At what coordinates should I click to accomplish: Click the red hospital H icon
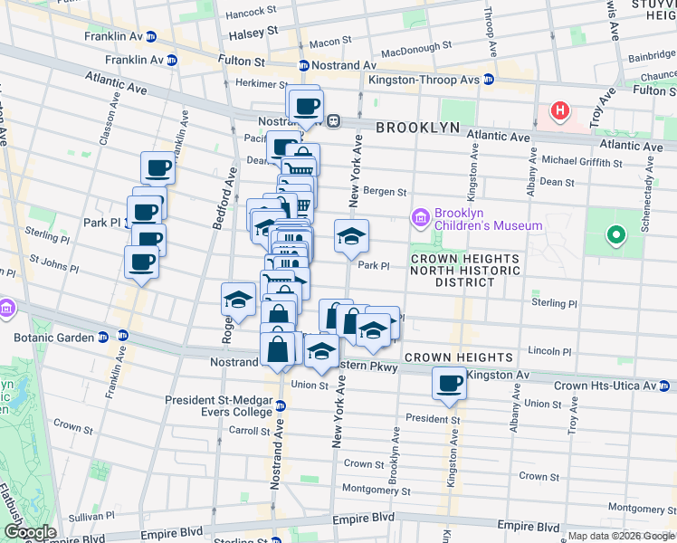[x=560, y=111]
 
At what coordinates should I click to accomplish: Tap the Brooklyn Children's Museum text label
[x=488, y=219]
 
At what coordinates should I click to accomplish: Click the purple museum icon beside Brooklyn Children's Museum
[x=419, y=218]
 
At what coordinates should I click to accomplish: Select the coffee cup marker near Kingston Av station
[x=449, y=384]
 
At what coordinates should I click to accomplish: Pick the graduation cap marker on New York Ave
[x=351, y=238]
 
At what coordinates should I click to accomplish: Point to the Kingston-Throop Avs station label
[x=424, y=79]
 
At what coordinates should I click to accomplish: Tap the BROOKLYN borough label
[x=418, y=128]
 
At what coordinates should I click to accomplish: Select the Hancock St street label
[x=251, y=12]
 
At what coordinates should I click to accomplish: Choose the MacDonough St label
[x=416, y=45]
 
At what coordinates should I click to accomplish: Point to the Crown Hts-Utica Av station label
[x=605, y=386]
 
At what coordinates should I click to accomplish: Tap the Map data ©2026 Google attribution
[x=620, y=536]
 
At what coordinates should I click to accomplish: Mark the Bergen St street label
[x=386, y=192]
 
